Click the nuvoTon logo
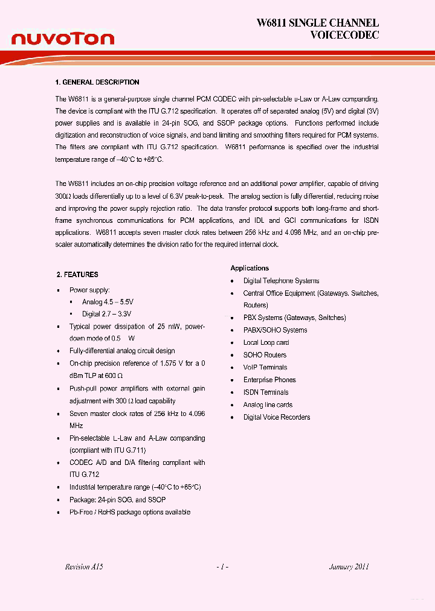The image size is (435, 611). (x=63, y=39)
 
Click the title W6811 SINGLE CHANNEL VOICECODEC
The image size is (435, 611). (x=318, y=29)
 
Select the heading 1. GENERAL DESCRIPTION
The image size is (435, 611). (x=97, y=82)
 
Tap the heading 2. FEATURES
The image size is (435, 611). (x=77, y=274)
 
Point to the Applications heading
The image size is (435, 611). (x=250, y=268)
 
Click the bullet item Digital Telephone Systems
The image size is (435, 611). (x=281, y=281)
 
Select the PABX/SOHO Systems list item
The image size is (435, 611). (x=275, y=330)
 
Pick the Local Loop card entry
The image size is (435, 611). (x=266, y=342)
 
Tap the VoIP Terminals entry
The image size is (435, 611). (x=265, y=367)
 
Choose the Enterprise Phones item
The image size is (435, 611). (x=269, y=380)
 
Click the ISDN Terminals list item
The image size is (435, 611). (x=266, y=392)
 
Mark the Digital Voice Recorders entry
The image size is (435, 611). (x=277, y=417)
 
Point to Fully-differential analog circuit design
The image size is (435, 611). (x=122, y=351)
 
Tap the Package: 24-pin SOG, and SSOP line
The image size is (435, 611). (x=117, y=500)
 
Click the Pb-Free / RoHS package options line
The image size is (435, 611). (x=129, y=512)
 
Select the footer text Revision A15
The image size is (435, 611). (x=84, y=567)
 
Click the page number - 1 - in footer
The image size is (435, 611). (x=222, y=567)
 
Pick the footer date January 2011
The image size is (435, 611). (x=349, y=567)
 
